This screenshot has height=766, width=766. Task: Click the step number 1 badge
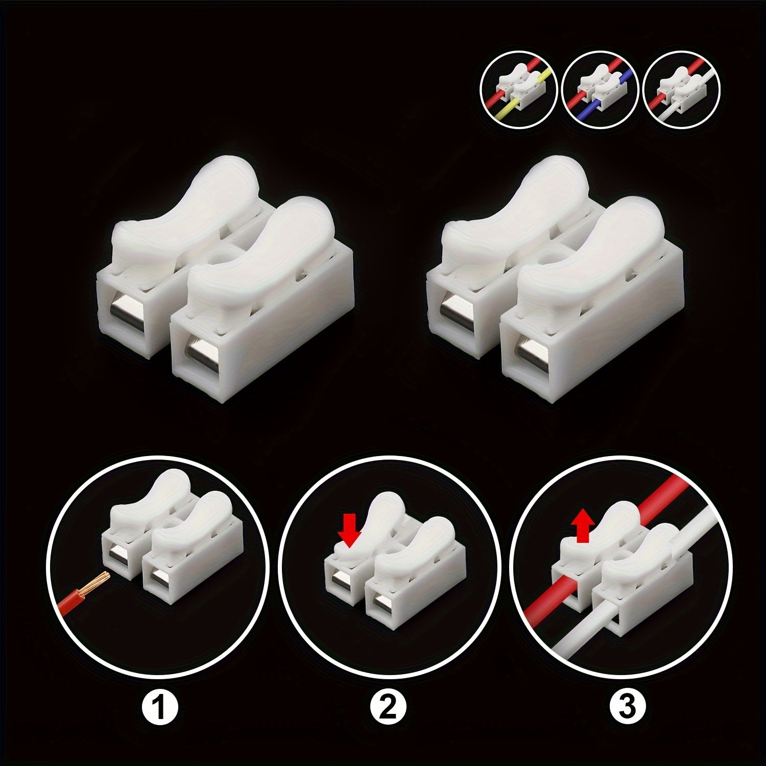pos(159,706)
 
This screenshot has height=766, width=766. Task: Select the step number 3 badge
pos(628,706)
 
